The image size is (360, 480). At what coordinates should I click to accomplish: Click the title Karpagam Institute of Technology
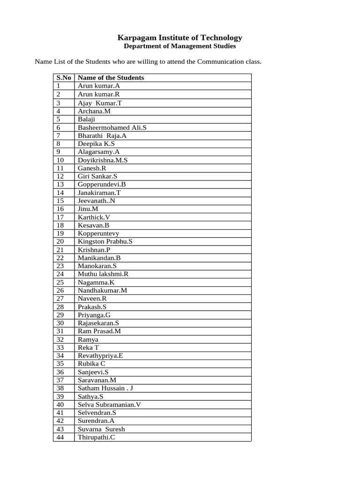[x=180, y=37]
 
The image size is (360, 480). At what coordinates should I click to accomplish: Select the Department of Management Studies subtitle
[x=180, y=46]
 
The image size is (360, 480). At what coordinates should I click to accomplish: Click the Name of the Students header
[x=111, y=78]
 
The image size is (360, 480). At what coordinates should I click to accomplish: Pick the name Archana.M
[x=94, y=111]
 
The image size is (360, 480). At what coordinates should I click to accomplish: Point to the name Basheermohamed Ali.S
[x=112, y=127]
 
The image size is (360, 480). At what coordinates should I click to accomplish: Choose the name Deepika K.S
[x=96, y=144]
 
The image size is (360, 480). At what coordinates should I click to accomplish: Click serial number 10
[x=60, y=160]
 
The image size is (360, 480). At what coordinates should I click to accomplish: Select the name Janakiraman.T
[x=99, y=193]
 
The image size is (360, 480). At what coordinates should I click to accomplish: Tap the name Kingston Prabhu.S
[x=105, y=241]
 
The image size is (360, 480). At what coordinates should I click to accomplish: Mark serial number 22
[x=60, y=258]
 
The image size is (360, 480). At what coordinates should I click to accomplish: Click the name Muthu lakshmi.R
[x=103, y=274]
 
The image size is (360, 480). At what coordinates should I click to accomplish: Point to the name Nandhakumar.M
[x=102, y=291]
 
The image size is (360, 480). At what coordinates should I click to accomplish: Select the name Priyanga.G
[x=94, y=315]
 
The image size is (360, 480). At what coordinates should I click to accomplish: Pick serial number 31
[x=60, y=331]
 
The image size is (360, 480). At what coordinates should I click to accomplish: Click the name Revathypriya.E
[x=100, y=356]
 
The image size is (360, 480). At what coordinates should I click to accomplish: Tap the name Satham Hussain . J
[x=105, y=388]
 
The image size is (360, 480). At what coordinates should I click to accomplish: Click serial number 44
[x=60, y=437]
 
